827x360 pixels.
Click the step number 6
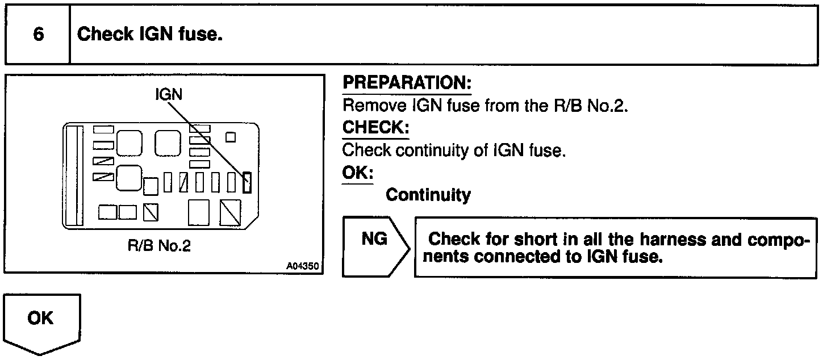(38, 34)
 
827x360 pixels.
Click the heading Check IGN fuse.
(149, 34)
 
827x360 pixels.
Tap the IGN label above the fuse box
(169, 94)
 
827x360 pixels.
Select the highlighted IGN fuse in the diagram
(247, 182)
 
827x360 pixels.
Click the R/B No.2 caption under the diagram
(159, 247)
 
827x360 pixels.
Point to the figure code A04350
(302, 266)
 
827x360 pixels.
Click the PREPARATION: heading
(407, 83)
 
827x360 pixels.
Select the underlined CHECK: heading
(375, 128)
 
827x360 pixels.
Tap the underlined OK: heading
(357, 173)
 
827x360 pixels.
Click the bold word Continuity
(428, 195)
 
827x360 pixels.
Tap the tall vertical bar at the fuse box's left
(72, 175)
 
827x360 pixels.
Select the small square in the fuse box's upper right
(231, 136)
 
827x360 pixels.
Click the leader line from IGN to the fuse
(207, 136)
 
